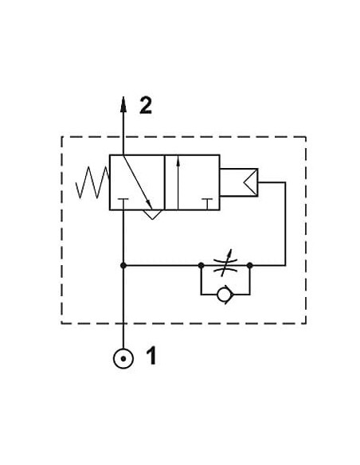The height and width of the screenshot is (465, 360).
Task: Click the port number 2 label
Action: click(146, 106)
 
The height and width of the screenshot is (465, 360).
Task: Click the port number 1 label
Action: click(151, 356)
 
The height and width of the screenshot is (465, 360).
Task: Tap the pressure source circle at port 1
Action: click(123, 358)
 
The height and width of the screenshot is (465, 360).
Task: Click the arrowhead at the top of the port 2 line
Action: click(123, 104)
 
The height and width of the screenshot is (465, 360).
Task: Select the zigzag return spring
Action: click(92, 182)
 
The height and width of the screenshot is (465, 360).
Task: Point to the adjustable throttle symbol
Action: click(225, 265)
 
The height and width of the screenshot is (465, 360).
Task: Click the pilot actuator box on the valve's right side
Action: click(239, 182)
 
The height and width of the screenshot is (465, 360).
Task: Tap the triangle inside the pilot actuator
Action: click(251, 182)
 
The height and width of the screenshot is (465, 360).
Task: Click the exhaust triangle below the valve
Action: click(153, 214)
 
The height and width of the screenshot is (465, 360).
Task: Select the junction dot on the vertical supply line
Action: click(123, 265)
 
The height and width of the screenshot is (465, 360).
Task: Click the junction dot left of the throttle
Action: click(201, 265)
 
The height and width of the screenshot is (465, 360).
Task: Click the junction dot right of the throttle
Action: click(250, 265)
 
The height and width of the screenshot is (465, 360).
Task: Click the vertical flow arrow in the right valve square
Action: click(178, 182)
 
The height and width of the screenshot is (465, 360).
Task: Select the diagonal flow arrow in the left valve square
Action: click(138, 182)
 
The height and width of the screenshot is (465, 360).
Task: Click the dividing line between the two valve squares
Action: click(165, 182)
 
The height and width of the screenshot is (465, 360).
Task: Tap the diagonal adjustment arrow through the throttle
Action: click(226, 263)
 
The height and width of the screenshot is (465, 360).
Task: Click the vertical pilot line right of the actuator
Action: click(285, 224)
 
